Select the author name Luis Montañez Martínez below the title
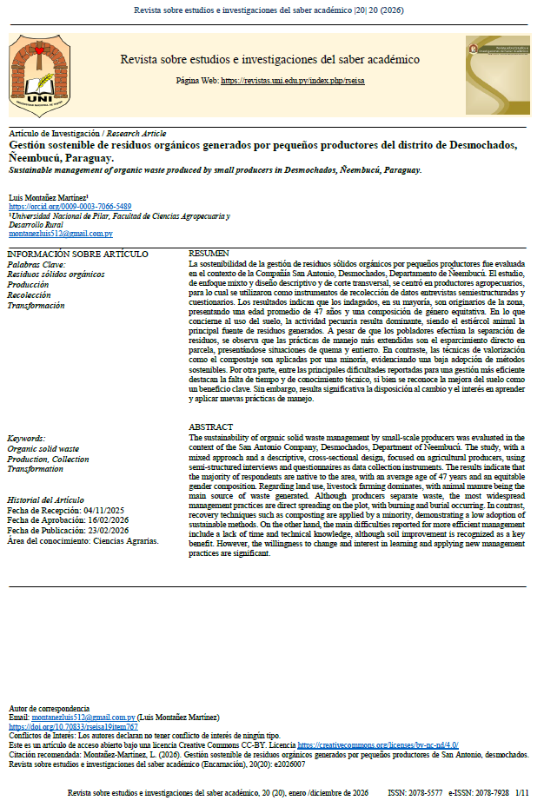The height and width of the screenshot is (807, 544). [47, 197]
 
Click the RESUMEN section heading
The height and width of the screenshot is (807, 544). [209, 253]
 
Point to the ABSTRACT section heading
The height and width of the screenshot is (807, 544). [211, 427]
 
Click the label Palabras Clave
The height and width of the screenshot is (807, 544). [36, 264]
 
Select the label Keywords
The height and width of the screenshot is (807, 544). [26, 439]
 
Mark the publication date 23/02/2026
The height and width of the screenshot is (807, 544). [116, 530]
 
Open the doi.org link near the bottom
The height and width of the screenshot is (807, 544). [73, 726]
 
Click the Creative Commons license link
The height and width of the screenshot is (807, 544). [378, 745]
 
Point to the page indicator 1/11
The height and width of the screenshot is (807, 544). [521, 793]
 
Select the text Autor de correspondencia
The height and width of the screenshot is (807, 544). [49, 707]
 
